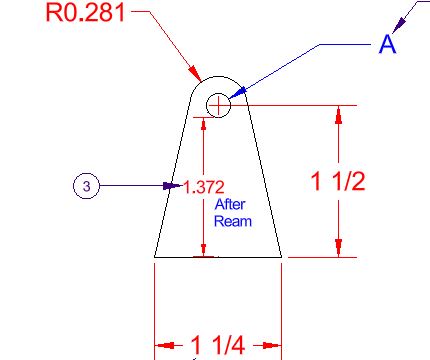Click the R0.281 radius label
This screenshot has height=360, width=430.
(x=85, y=13)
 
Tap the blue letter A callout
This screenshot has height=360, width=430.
(x=388, y=44)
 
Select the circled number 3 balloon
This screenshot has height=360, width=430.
(x=86, y=186)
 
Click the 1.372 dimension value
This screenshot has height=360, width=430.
(x=204, y=187)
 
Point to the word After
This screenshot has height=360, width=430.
(x=230, y=204)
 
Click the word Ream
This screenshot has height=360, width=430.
(x=233, y=221)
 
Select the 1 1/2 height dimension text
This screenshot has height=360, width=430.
(x=338, y=181)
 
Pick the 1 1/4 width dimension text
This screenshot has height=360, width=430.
(x=218, y=345)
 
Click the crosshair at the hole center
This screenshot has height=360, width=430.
(x=218, y=105)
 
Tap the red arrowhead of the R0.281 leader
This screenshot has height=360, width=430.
(x=194, y=72)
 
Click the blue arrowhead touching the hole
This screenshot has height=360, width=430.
(x=237, y=93)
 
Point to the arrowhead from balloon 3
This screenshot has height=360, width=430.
(x=173, y=186)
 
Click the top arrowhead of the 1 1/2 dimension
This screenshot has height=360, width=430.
(x=339, y=115)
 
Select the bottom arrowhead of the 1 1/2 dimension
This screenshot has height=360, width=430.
(x=339, y=248)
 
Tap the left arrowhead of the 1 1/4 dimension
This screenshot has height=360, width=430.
(x=164, y=345)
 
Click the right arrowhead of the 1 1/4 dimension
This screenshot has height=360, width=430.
(x=272, y=345)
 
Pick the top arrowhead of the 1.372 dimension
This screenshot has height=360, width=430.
(x=204, y=124)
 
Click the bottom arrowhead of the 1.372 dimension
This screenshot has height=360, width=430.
(x=204, y=250)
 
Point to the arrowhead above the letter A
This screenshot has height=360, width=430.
(x=399, y=25)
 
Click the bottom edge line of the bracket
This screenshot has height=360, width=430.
(x=218, y=257)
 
